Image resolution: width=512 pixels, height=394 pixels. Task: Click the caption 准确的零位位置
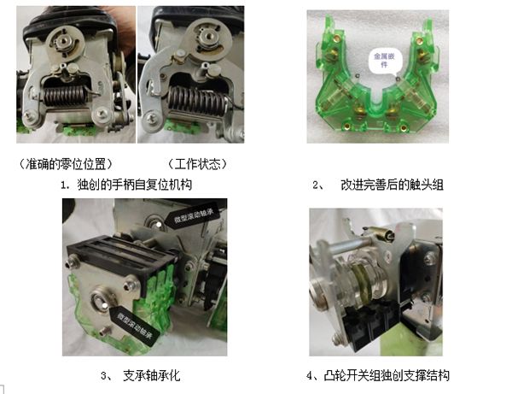(66, 164)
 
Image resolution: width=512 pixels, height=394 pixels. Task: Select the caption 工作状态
(197, 164)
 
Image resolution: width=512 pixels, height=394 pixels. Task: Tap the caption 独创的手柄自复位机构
(135, 185)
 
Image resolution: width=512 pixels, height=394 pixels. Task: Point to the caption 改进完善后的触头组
(392, 185)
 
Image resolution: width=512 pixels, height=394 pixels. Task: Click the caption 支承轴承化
(152, 375)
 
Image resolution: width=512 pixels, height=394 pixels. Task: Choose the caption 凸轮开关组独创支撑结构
(387, 375)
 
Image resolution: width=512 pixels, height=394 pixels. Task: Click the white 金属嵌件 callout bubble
(385, 61)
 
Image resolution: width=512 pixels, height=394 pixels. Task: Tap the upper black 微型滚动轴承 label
(193, 215)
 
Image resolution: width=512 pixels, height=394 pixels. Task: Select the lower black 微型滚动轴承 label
(135, 325)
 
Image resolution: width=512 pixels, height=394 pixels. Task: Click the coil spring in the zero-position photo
(66, 96)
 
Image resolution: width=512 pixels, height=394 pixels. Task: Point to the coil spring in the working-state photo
(197, 101)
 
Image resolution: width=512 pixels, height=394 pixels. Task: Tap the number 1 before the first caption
(63, 185)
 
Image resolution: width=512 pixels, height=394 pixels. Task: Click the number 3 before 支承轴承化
(104, 376)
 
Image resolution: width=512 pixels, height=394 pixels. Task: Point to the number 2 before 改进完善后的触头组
(316, 185)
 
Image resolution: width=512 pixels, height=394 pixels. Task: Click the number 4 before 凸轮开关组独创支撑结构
(310, 376)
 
